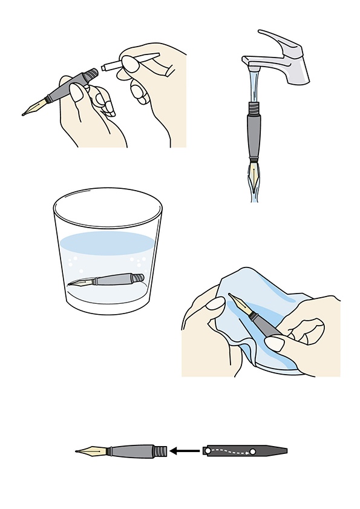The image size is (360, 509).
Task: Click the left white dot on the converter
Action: (208, 451)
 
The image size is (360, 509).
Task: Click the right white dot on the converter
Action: (253, 452)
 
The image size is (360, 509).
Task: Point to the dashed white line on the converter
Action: (231, 450)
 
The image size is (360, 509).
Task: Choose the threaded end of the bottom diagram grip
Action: (159, 451)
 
